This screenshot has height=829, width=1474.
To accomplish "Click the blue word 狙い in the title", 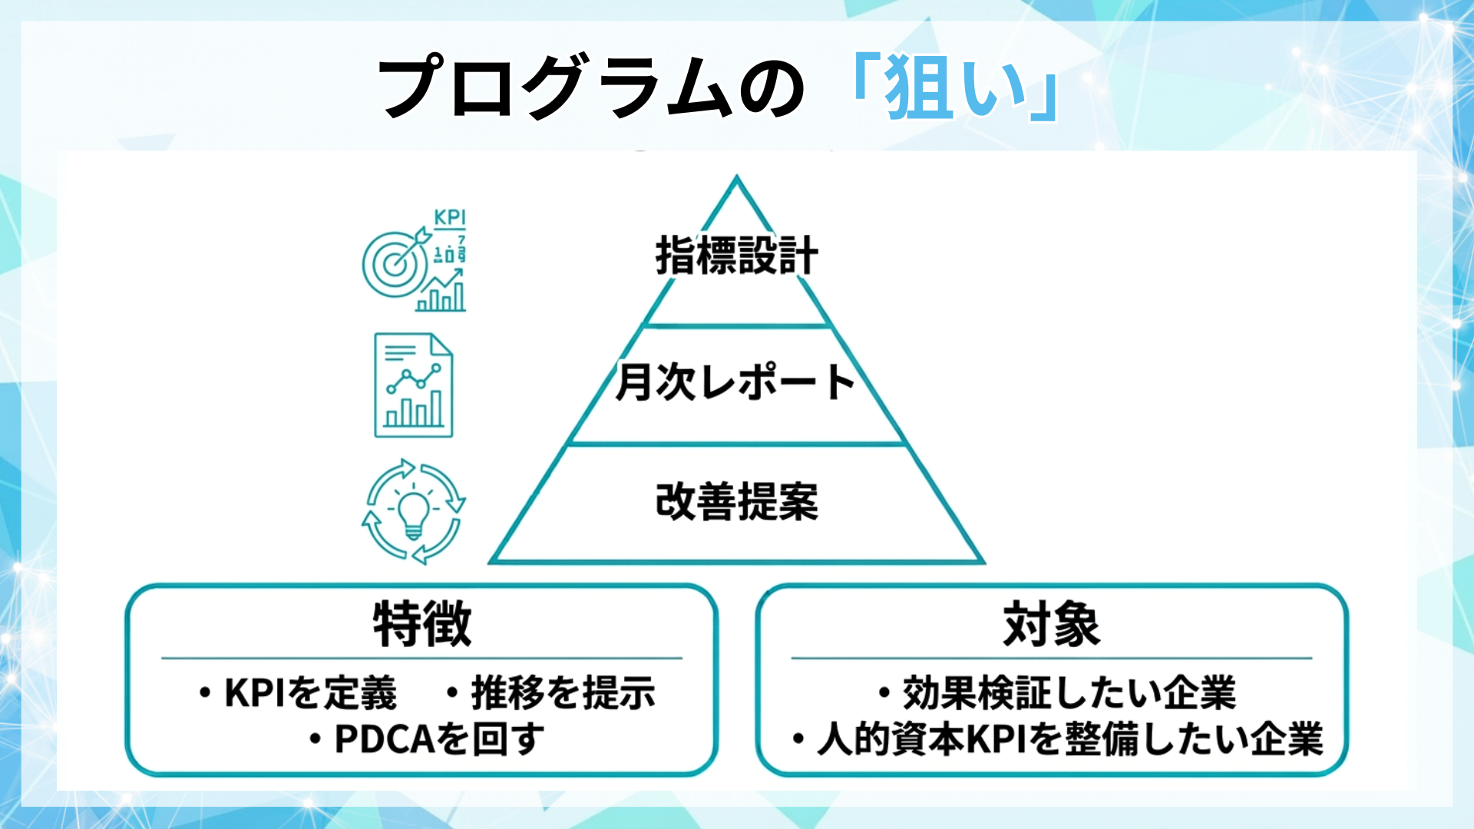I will coord(955,88).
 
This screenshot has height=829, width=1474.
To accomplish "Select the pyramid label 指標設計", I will coord(736,256).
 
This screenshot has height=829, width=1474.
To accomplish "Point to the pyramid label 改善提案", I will coord(736,502).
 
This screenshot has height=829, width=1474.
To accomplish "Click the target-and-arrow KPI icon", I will coord(414,262).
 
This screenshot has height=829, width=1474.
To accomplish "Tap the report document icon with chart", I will coord(413,385).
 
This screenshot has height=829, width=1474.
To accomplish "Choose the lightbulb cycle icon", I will coord(414,511).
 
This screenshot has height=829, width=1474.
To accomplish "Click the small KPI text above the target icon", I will coord(450,217).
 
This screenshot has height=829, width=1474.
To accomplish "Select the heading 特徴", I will coord(421,624).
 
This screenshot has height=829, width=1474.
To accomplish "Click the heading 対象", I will coord(1051,624).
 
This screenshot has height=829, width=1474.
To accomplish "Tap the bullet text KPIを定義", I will coord(309,693).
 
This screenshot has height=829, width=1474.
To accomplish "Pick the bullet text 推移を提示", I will coord(563,693).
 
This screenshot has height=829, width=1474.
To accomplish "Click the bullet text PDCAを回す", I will coord(439,739).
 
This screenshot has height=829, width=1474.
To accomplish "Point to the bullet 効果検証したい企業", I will coord(1069,693).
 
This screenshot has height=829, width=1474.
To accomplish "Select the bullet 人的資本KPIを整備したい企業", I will coord(1069,739).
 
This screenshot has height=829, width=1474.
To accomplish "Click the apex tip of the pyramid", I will coord(736,179).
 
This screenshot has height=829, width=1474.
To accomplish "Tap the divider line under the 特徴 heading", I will coord(421,658).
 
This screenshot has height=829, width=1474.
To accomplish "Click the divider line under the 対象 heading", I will coord(1051,658).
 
